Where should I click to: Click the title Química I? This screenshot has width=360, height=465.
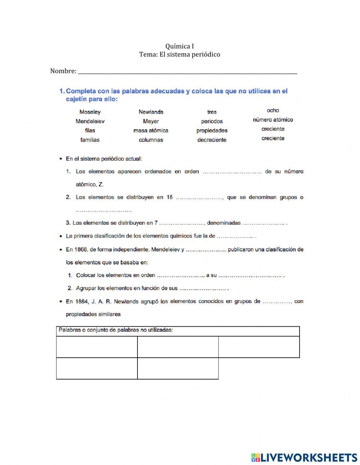[x=180, y=46]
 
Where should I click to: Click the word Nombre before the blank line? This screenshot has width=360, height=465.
[x=63, y=71]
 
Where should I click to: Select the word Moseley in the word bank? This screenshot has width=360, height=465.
[x=90, y=112]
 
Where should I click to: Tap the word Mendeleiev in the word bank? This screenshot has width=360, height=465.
[x=90, y=121]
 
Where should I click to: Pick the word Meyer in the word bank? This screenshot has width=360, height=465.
[x=151, y=121]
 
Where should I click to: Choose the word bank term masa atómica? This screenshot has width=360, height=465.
[x=151, y=130]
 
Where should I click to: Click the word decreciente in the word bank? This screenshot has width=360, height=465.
[x=212, y=140]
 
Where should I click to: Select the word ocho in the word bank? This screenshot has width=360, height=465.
[x=273, y=110]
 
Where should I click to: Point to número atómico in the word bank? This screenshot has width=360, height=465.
[x=273, y=120]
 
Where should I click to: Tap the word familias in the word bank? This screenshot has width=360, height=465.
[x=90, y=140]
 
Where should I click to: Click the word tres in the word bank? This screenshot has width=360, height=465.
[x=212, y=112]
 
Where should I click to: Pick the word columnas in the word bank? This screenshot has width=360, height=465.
[x=151, y=140]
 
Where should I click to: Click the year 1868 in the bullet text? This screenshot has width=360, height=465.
[x=81, y=249]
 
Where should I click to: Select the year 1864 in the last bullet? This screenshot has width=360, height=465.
[x=81, y=301]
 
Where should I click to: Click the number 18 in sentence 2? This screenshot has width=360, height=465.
[x=170, y=197]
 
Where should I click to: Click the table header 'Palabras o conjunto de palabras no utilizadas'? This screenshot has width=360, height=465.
[x=116, y=330]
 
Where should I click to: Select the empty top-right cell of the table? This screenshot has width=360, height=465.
[x=259, y=347]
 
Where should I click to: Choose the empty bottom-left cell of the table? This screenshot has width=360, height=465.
[x=97, y=368]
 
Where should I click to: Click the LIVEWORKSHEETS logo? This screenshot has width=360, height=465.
[x=304, y=457]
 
